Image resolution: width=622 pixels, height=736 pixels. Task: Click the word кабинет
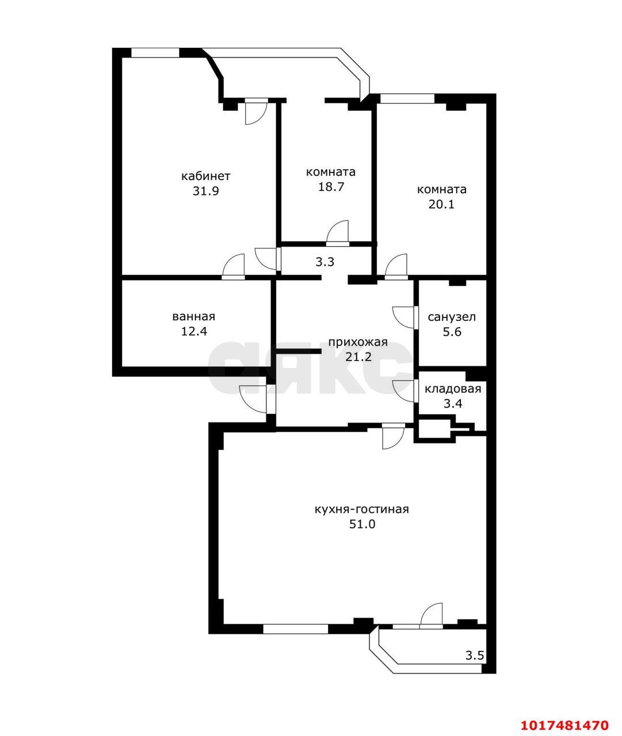[205, 176]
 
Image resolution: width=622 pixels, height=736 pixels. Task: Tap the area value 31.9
[205, 191]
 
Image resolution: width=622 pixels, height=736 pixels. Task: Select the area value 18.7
[331, 186]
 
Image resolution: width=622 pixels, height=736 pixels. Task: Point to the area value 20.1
[441, 204]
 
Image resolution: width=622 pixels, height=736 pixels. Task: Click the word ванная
[194, 316]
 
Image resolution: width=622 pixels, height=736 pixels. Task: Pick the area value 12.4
[194, 331]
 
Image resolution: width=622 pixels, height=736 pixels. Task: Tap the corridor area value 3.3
[325, 262]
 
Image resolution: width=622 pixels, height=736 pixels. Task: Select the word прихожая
[358, 343]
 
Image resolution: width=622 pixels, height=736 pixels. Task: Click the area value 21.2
[358, 357]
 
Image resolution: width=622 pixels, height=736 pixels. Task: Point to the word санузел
[452, 317]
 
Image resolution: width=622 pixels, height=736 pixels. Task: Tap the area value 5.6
[452, 332]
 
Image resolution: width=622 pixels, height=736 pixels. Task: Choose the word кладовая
[453, 389]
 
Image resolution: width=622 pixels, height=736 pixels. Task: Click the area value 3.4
[453, 404]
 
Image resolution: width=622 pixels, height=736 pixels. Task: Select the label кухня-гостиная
[361, 509]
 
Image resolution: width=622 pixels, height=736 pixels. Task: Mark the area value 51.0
[362, 524]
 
